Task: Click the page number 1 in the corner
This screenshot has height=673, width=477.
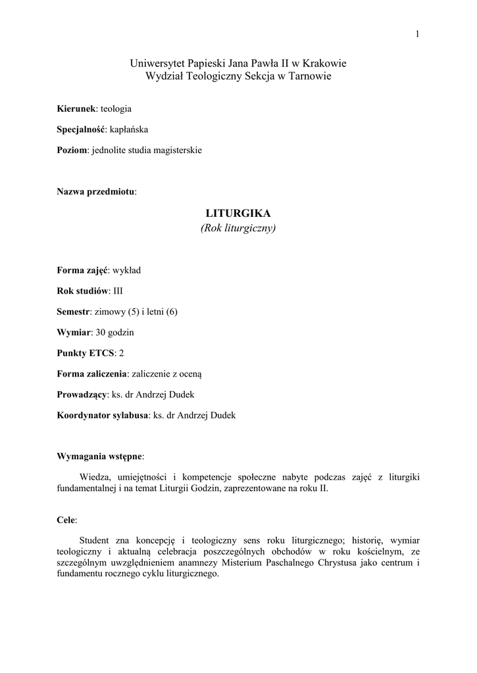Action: [x=417, y=35]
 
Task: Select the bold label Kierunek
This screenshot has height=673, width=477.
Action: [x=76, y=108]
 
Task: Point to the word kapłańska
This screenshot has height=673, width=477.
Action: [x=129, y=129]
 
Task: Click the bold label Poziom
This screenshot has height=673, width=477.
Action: [x=72, y=150]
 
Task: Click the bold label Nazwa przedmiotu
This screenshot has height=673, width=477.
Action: [x=96, y=191]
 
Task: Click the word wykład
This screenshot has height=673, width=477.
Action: [x=127, y=269]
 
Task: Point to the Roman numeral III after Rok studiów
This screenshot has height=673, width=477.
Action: [x=118, y=290]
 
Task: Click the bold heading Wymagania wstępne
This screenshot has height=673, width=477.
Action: [x=99, y=456]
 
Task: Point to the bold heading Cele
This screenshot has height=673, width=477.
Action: [x=66, y=520]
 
